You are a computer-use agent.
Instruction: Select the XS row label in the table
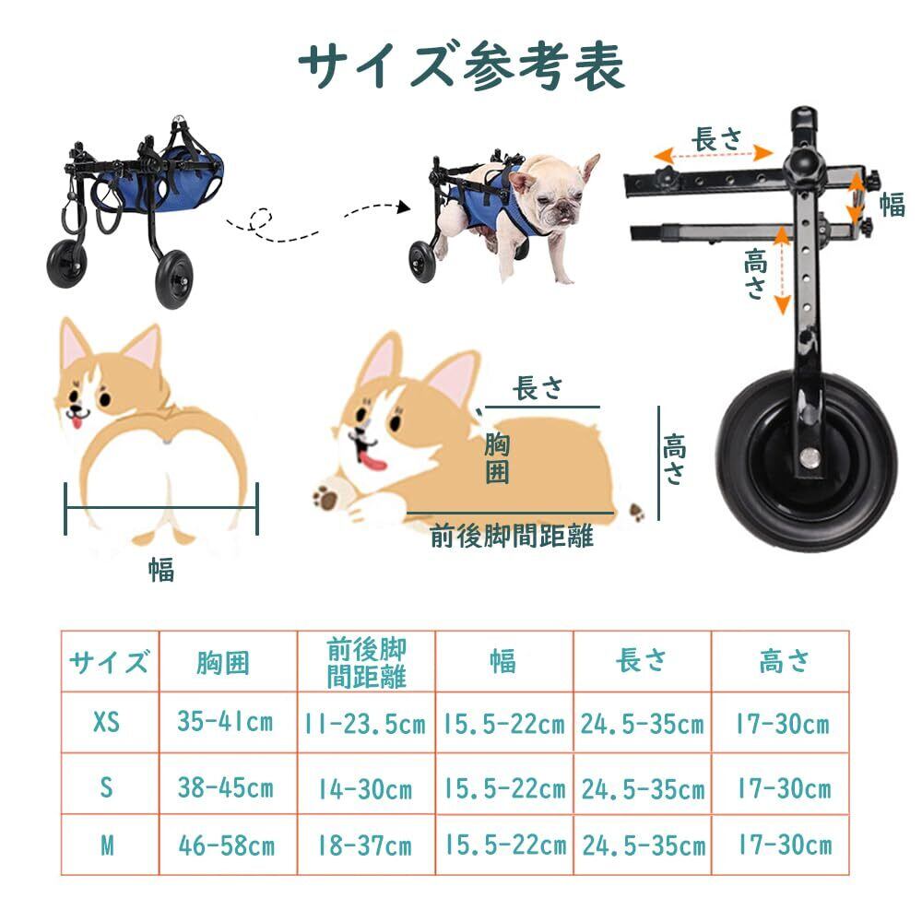click(x=106, y=722)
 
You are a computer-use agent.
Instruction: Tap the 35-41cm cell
click(x=225, y=722)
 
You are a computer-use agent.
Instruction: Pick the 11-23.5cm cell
click(x=364, y=724)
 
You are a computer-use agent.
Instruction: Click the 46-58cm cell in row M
click(x=227, y=845)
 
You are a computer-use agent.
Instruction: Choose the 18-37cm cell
click(x=364, y=845)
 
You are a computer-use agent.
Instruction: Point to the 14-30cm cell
click(x=364, y=788)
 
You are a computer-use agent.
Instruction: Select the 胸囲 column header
click(x=223, y=663)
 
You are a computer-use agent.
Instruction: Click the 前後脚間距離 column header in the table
click(x=366, y=663)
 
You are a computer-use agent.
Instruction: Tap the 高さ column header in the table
click(x=785, y=661)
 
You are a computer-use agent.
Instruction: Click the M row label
click(x=107, y=845)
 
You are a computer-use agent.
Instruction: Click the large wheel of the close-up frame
click(x=807, y=460)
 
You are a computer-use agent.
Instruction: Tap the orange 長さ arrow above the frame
click(x=714, y=155)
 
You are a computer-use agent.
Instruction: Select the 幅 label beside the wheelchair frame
click(x=892, y=206)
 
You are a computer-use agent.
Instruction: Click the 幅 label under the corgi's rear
click(x=161, y=569)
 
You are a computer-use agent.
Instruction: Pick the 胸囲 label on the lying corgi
click(x=497, y=459)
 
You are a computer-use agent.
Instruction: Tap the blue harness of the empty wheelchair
click(x=160, y=179)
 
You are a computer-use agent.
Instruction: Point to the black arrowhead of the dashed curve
click(x=404, y=207)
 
